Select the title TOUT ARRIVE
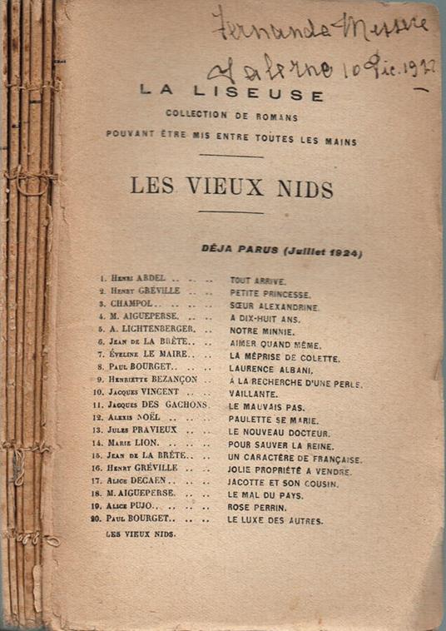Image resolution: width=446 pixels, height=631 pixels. pyautogui.click(x=259, y=281)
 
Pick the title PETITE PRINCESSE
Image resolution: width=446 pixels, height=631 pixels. pyautogui.click(x=270, y=295)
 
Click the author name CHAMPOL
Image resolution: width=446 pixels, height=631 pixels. pyautogui.click(x=135, y=306)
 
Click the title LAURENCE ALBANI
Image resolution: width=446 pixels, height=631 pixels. pyautogui.click(x=271, y=369)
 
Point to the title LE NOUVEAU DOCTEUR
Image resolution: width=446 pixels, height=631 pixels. pyautogui.click(x=280, y=434)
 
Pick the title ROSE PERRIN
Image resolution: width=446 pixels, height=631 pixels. pyautogui.click(x=258, y=509)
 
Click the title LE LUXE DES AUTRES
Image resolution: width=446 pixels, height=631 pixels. pyautogui.click(x=275, y=521)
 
